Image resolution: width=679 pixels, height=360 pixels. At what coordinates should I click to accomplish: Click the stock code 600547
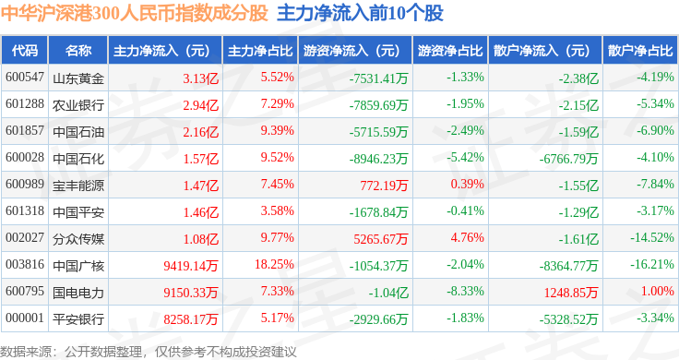(25, 78)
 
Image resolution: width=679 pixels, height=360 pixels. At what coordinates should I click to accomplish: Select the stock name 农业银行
(78, 105)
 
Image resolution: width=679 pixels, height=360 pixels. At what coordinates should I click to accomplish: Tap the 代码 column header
(25, 51)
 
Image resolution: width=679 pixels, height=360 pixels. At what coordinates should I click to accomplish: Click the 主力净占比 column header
(260, 51)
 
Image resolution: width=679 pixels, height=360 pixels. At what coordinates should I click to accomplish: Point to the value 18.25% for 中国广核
(274, 264)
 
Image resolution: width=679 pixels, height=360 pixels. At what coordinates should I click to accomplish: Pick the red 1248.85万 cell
(571, 293)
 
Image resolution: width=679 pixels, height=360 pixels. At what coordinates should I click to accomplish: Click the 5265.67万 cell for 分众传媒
(381, 239)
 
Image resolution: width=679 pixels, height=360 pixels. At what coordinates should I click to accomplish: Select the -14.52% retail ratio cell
(652, 238)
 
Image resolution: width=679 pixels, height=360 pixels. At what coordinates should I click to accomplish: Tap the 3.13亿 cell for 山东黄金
(200, 78)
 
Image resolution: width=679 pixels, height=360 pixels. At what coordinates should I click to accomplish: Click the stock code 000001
(25, 318)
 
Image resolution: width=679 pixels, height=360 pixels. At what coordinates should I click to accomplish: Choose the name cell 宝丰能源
(78, 186)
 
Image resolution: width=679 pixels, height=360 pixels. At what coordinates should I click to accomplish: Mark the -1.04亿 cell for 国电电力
(388, 293)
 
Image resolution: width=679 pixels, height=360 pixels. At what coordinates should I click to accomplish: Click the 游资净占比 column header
(450, 51)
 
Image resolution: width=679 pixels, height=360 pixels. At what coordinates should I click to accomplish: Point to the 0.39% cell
(467, 184)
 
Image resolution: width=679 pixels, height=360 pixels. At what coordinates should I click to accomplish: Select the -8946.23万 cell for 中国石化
(379, 159)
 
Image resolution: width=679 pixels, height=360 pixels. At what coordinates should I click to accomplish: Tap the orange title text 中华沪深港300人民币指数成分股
(135, 14)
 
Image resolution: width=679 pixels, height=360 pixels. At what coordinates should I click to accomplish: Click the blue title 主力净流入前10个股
(361, 14)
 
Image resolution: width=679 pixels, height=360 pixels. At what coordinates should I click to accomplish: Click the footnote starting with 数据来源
(149, 352)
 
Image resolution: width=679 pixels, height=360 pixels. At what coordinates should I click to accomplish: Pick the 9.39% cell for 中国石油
(277, 130)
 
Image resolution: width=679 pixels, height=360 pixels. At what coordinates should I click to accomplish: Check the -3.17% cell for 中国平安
(655, 211)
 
